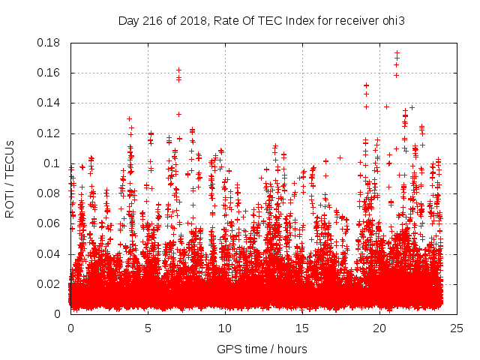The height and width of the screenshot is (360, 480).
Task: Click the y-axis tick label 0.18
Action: [49, 43]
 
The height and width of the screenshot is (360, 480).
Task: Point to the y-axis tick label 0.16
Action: [49, 73]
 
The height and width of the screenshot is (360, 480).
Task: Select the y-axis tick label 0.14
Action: [49, 103]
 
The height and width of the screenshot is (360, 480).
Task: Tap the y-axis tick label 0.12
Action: [49, 133]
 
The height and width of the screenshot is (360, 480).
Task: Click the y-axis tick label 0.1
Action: [53, 163]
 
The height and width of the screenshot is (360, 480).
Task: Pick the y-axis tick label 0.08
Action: [49, 193]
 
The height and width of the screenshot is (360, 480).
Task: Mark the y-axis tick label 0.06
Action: [49, 223]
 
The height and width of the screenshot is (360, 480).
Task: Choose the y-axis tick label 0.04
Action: [49, 253]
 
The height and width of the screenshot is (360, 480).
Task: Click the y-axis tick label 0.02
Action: [49, 283]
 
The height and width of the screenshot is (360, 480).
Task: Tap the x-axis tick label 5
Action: [148, 328]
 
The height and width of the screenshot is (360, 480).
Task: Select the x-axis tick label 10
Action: [225, 328]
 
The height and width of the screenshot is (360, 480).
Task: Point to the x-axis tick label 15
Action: [301, 328]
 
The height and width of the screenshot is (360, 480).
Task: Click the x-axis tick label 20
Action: [379, 328]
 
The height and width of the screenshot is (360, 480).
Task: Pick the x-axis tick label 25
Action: [456, 328]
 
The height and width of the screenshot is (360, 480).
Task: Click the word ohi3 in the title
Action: [394, 20]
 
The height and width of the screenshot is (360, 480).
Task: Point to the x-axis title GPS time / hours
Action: [262, 349]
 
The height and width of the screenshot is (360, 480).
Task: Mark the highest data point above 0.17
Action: [397, 53]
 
